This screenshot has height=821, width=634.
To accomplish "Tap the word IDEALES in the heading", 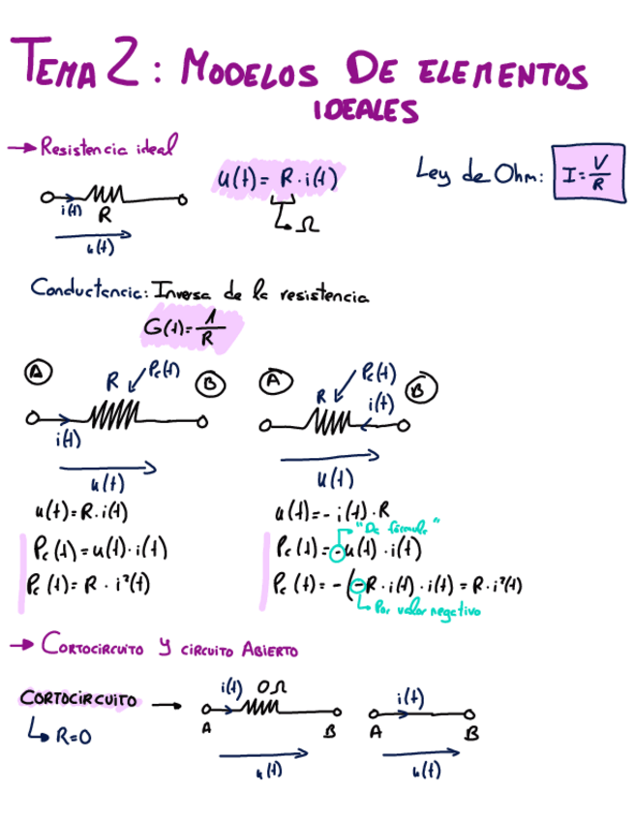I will (x=366, y=111).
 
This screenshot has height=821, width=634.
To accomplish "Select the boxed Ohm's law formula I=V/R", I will (x=589, y=173).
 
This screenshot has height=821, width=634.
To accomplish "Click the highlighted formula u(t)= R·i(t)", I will (x=276, y=179).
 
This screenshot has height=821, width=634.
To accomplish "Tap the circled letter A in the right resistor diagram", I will (x=273, y=381).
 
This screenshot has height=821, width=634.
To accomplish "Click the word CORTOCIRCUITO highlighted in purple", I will (x=78, y=699).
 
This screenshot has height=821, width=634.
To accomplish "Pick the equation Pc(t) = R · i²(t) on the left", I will (x=94, y=584).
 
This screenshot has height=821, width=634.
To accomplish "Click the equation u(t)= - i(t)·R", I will (x=333, y=512).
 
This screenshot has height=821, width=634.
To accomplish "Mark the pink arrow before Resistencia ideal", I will (x=20, y=147).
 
